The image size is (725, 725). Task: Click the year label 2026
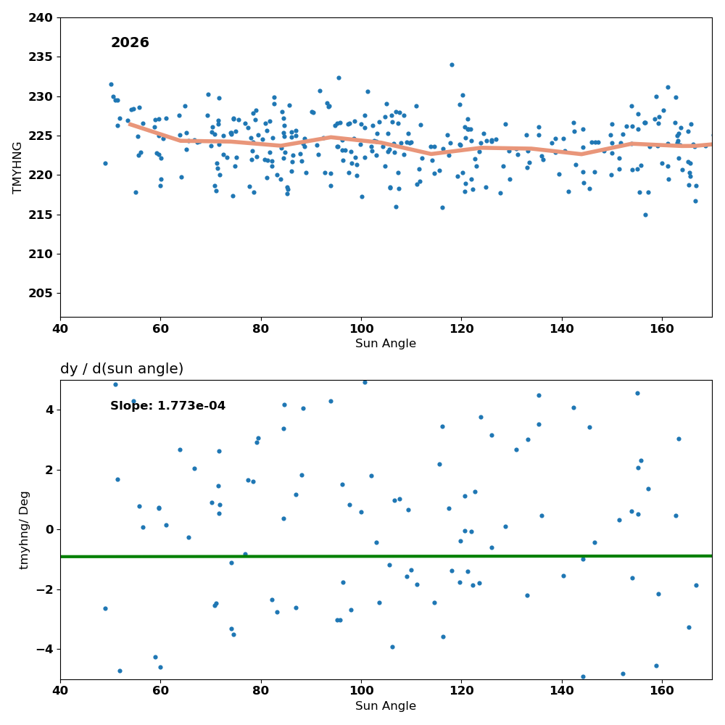point(130,43)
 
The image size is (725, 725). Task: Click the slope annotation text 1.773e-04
point(191,405)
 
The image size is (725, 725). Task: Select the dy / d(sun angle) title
point(122,368)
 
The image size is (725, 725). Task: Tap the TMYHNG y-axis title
point(17,167)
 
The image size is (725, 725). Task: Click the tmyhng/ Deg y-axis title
point(24,530)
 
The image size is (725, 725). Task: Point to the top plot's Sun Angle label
point(386,343)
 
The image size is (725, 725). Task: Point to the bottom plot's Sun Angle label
point(386,705)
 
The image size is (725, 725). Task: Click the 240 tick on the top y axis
point(41,18)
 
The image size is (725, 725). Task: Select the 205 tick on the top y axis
point(41,293)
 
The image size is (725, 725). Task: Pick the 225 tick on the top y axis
point(41,136)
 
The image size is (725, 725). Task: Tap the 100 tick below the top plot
point(361,328)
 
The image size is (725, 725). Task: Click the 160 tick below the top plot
point(662,328)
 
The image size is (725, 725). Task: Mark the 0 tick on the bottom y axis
point(49,530)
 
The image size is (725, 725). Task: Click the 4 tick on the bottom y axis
point(49,410)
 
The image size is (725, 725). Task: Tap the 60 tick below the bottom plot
point(160,691)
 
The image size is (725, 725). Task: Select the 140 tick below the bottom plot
point(562,691)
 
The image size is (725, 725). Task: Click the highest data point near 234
point(452,65)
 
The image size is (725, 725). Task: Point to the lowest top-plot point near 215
point(645,215)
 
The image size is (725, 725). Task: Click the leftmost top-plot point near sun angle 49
point(105,163)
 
